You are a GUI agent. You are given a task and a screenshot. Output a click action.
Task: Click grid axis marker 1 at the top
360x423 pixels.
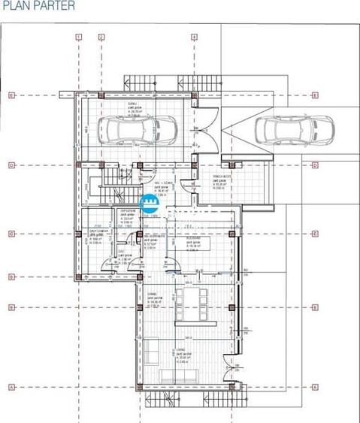[x=78, y=35]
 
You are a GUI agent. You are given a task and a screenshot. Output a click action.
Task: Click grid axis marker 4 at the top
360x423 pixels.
[x=193, y=35]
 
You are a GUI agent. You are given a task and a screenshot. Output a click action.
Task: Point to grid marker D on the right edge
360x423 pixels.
[x=316, y=165]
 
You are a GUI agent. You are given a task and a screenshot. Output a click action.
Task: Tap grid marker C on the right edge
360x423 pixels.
[x=316, y=234]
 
